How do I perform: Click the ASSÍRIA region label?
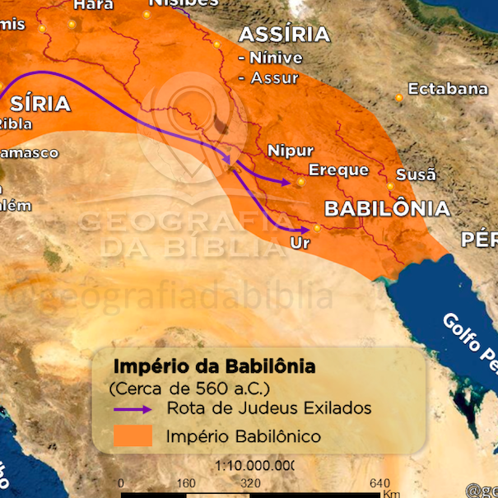click(x=284, y=35)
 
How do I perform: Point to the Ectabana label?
click(x=448, y=89)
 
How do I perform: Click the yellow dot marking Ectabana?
click(x=399, y=98)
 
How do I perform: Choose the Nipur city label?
click(x=291, y=151)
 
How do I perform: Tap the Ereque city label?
click(x=338, y=170)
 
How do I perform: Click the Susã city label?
click(x=416, y=175)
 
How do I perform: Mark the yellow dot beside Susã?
click(x=391, y=187)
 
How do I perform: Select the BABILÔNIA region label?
click(x=387, y=208)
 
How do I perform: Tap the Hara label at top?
click(x=93, y=5)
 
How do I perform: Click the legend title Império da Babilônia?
click(x=213, y=365)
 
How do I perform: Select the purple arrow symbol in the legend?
click(x=132, y=408)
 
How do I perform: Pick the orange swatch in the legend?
click(x=132, y=435)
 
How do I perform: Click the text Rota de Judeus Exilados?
click(x=269, y=408)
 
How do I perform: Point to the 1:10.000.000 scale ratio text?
click(x=255, y=466)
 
